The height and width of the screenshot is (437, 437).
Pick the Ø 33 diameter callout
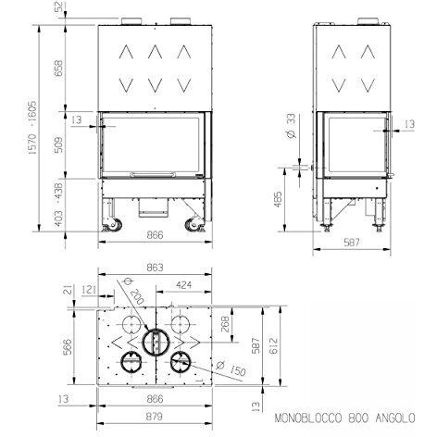(291, 126)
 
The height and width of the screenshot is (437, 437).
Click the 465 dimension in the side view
(278, 199)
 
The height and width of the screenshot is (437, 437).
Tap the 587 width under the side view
(352, 243)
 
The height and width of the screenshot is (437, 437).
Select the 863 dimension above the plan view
(155, 268)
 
